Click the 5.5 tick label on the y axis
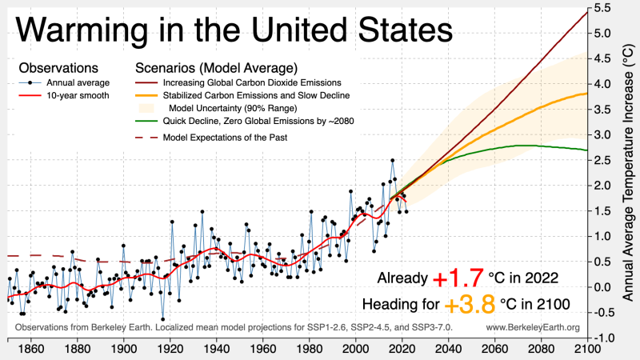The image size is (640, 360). (602, 7)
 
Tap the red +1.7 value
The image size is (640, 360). (458, 279)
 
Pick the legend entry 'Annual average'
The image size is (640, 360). (78, 82)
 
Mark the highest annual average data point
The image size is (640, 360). (392, 161)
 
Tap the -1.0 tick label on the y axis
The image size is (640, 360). (602, 338)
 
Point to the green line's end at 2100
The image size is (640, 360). (587, 150)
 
